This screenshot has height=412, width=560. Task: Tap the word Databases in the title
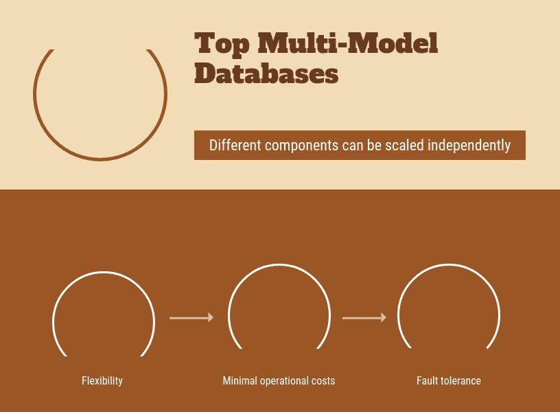coord(266,73)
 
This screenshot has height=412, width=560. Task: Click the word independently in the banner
coord(469,146)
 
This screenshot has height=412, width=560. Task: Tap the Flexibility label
coord(102,381)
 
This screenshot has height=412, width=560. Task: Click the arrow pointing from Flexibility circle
coord(191,318)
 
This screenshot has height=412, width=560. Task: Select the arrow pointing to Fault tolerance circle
coord(364,318)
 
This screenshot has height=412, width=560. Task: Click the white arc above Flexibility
coord(104,273)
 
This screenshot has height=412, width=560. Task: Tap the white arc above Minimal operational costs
coord(279,265)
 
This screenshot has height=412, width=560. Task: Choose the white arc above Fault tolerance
coord(449,265)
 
